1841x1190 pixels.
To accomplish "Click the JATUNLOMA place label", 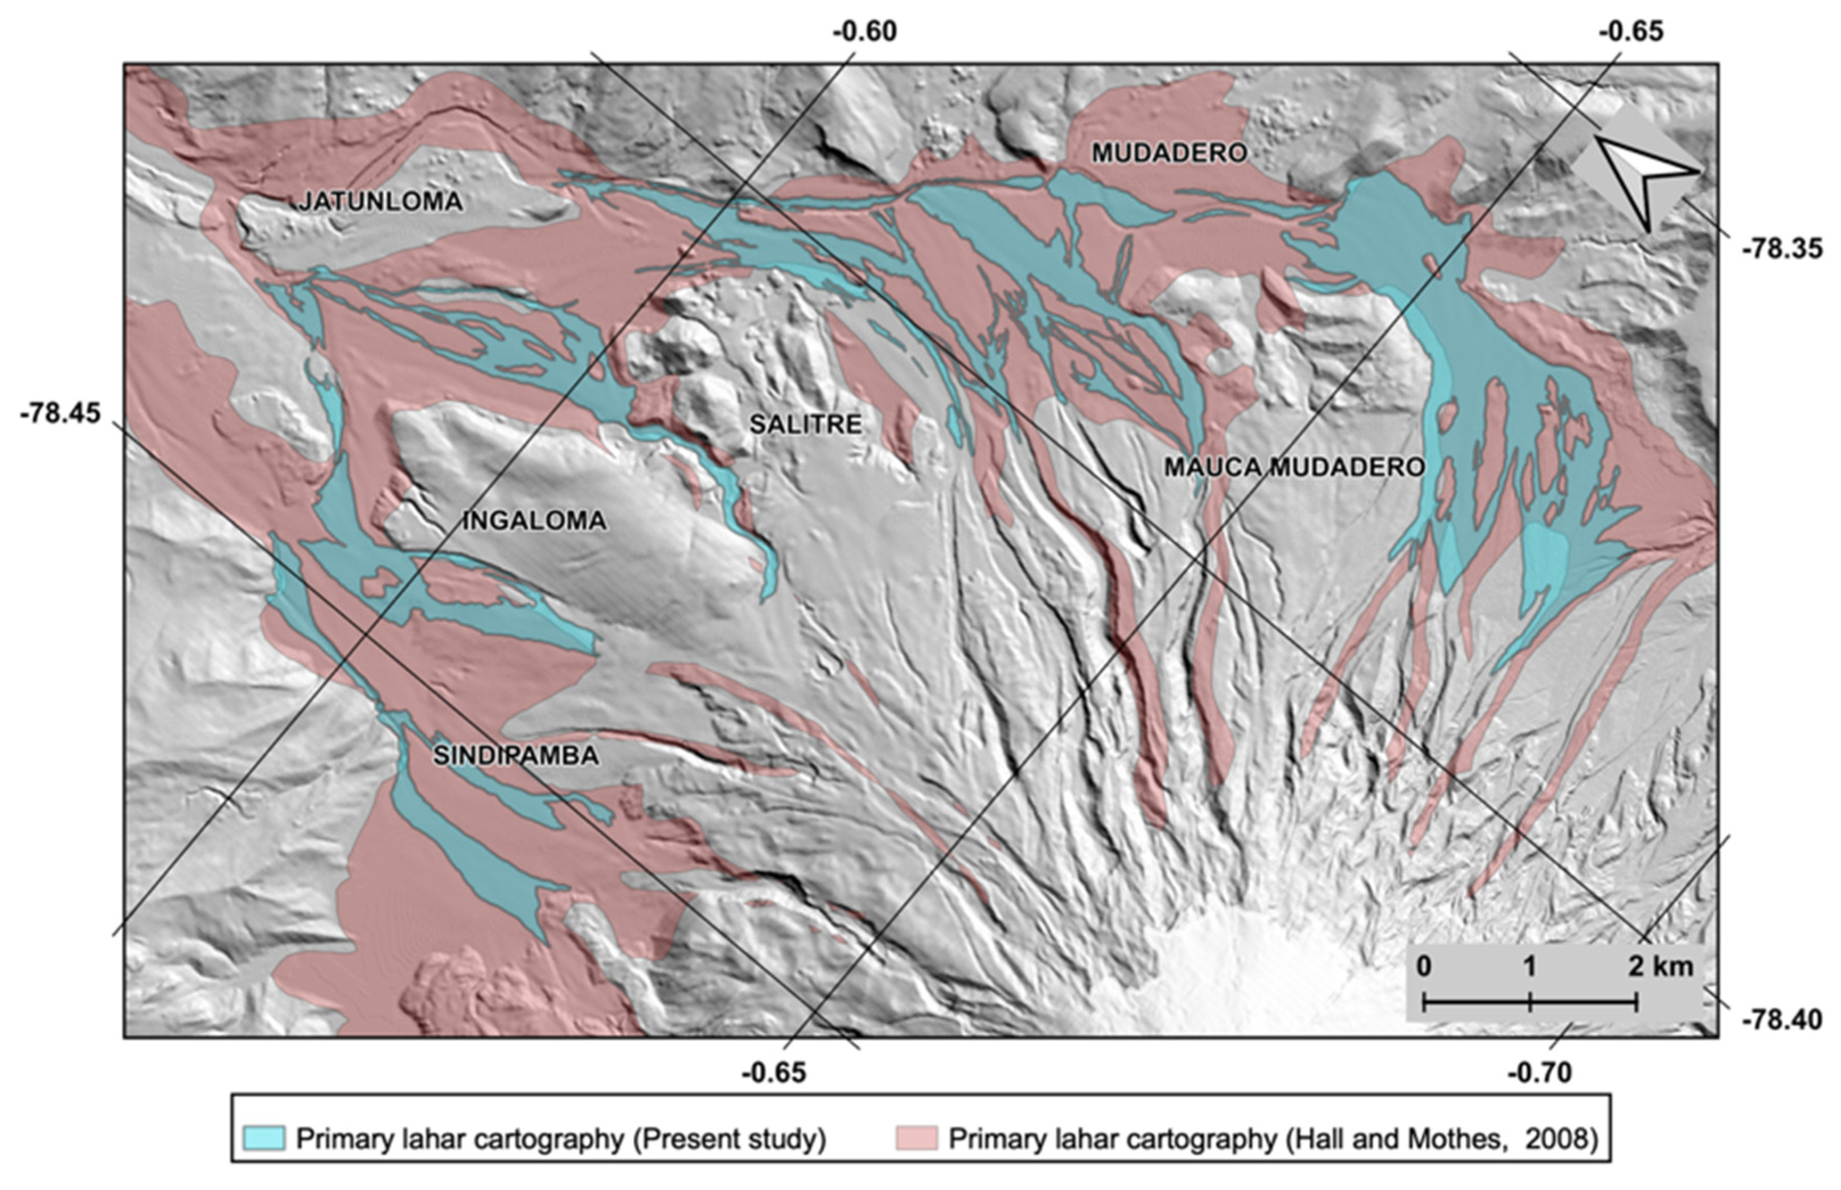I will pos(380,202).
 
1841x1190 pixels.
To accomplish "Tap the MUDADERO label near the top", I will pos(1168,154).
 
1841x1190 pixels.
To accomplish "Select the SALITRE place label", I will pos(805,424).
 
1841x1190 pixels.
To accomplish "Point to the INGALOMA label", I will pos(534,521).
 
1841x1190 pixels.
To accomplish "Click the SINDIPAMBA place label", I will pos(515,756).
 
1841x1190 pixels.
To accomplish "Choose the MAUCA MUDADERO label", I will pos(1294,467).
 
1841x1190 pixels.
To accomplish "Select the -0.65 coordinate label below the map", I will pos(774,1073).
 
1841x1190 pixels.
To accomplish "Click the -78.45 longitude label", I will pos(60,413).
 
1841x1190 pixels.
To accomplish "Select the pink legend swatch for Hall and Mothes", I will pos(917,1138).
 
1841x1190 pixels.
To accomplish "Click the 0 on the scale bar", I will pos(1424,967).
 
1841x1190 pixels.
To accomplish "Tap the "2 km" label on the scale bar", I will pos(1660,967).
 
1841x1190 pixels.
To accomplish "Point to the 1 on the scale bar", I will pos(1530,967).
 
